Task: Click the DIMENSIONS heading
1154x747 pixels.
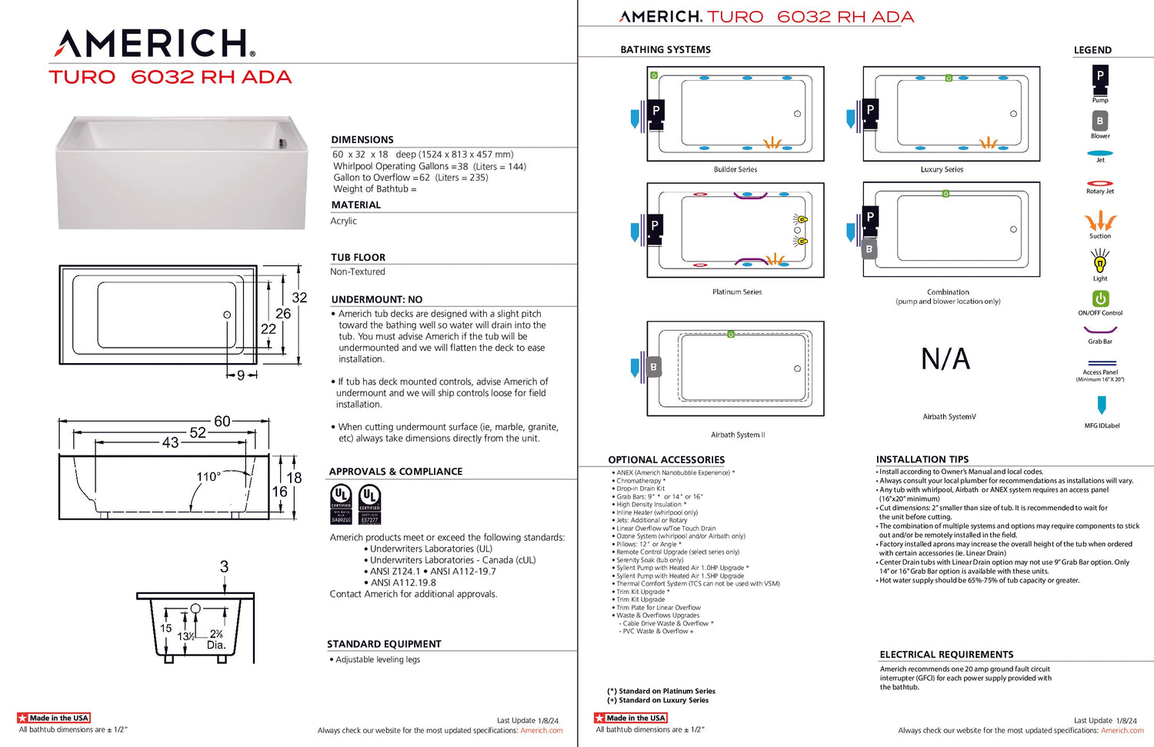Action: (362, 140)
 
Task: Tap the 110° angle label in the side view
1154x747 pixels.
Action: (208, 477)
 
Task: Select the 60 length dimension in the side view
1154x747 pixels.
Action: (222, 422)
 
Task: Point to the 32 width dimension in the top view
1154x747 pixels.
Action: (299, 298)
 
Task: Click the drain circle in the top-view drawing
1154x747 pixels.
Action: (227, 315)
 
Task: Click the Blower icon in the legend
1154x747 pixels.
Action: (1100, 122)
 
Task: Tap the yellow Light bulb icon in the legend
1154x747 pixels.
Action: (1100, 262)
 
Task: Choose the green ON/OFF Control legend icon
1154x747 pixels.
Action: (1100, 298)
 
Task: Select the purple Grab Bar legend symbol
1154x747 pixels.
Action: (1100, 330)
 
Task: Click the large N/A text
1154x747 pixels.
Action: (946, 359)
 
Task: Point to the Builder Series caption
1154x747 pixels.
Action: (735, 169)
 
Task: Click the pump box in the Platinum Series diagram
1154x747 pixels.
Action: (655, 227)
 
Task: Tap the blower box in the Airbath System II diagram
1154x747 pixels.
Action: (653, 368)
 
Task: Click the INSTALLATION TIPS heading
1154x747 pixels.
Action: (922, 459)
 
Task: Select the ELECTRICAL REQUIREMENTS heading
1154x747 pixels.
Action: (946, 655)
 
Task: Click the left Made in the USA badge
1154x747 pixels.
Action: (54, 718)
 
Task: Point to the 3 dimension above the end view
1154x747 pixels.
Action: (224, 567)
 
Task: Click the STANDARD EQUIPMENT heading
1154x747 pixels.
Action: (384, 645)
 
